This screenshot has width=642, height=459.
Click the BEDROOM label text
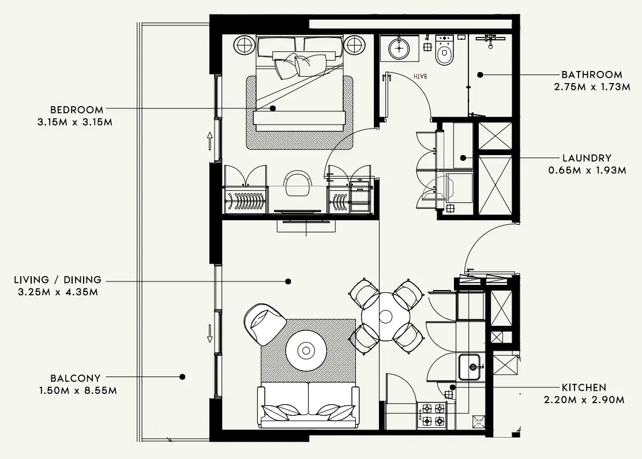point(77,110)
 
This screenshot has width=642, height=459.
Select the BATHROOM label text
point(592,74)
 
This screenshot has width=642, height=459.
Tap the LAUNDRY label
point(587,158)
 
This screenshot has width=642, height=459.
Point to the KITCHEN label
point(584,387)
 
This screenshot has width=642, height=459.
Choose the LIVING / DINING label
point(58,280)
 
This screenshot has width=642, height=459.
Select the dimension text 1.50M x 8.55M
point(77,391)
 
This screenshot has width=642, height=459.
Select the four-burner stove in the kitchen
point(433,415)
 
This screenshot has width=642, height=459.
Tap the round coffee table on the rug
point(306,349)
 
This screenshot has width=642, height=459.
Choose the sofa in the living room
point(308,405)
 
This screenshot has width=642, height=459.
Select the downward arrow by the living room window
point(210,332)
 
